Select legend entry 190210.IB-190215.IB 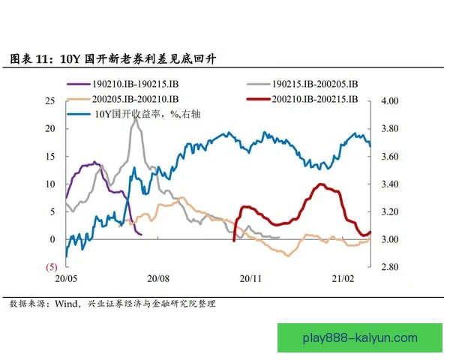pos(134,84)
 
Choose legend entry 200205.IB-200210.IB pos(135,99)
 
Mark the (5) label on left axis pos(51,267)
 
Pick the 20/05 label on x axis pos(66,278)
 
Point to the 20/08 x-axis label pos(158,278)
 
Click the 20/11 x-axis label pos(250,278)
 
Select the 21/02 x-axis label pos(343,278)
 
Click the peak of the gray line pos(135,118)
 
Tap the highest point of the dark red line pos(321,184)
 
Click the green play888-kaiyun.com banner pos(360,337)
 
